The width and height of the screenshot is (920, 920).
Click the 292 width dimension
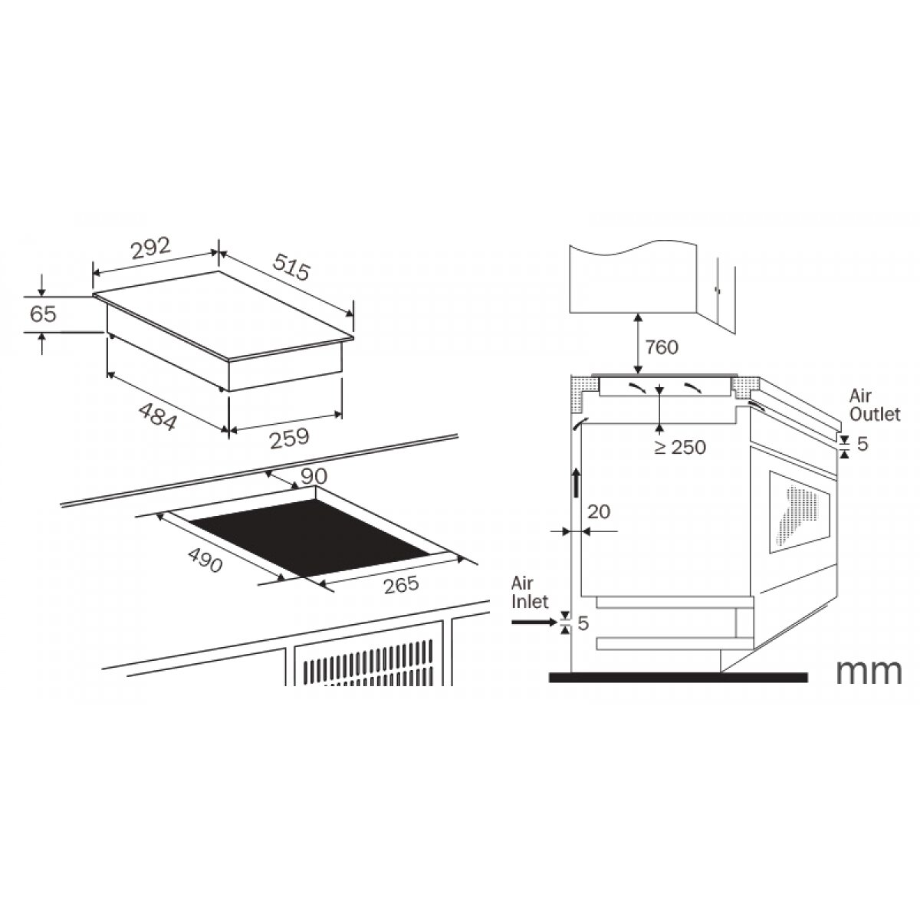pos(151,248)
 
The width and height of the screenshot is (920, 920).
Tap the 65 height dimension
pos(43,314)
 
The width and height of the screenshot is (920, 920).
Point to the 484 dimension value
pos(158,416)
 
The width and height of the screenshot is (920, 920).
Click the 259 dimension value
pos(289,439)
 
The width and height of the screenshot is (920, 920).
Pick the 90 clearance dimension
pos(314,475)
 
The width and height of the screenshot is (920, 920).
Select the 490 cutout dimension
pos(205,560)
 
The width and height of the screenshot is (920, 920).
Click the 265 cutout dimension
pos(401,585)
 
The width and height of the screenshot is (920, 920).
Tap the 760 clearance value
pos(662,347)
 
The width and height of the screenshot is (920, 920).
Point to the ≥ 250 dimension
pos(680,447)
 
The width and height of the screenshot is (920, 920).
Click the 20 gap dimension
pos(599,512)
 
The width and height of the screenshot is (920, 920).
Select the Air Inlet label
pos(529,593)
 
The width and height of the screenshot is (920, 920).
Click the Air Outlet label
pos(875,405)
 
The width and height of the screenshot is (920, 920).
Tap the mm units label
pos(869,672)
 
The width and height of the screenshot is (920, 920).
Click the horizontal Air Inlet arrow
pos(534,622)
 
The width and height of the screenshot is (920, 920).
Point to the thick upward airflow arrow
pos(577,483)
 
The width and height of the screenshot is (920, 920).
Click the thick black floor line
pos(678,678)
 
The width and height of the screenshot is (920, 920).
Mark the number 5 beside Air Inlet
pos(583,623)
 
